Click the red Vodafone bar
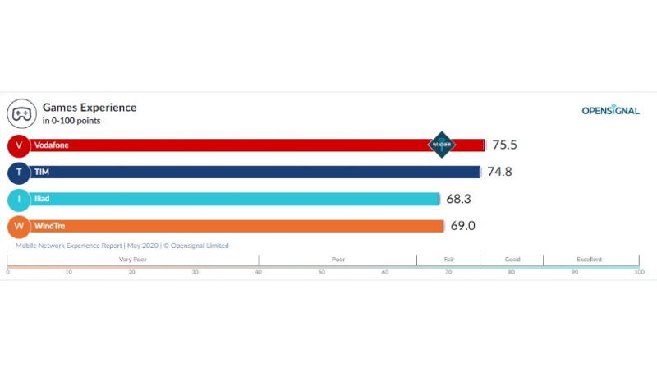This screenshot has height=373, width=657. (246, 145)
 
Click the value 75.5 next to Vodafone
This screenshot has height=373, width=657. (503, 145)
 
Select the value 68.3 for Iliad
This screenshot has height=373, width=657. (458, 200)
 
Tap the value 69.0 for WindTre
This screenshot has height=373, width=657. (462, 226)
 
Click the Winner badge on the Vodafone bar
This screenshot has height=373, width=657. (441, 145)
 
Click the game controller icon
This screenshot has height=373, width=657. (20, 113)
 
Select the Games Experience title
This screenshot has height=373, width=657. (90, 108)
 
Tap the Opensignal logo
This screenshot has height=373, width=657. (610, 111)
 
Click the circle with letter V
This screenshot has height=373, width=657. (19, 145)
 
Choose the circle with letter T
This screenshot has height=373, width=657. (19, 173)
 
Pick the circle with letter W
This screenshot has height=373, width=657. (19, 226)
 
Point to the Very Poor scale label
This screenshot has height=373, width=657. (132, 260)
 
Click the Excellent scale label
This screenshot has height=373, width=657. (589, 260)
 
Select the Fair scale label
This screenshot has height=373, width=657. (448, 260)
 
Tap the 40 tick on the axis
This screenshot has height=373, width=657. (258, 272)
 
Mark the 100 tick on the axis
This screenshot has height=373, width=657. (639, 272)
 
